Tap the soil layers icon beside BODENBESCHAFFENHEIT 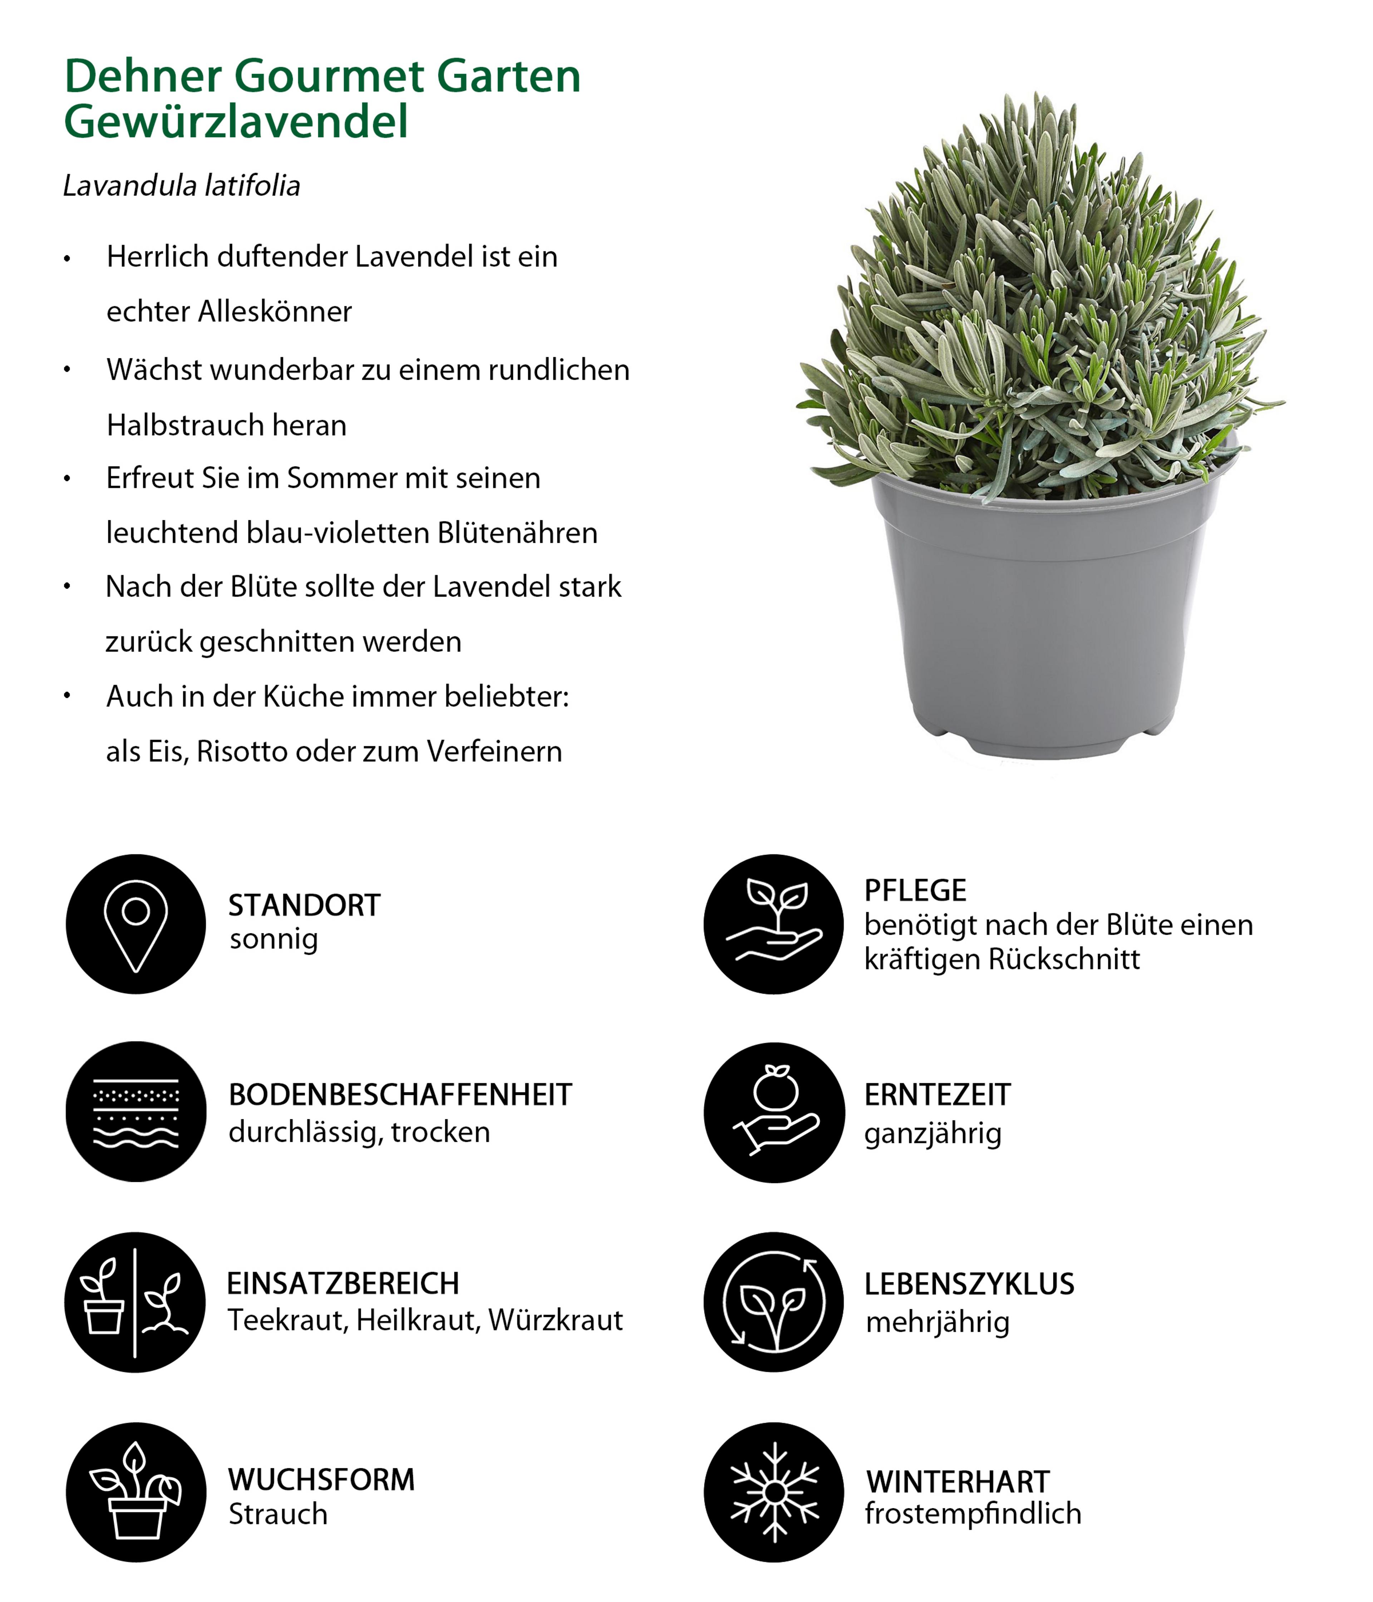[x=136, y=1112]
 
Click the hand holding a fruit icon [x=774, y=1112]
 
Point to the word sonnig [x=274, y=940]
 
